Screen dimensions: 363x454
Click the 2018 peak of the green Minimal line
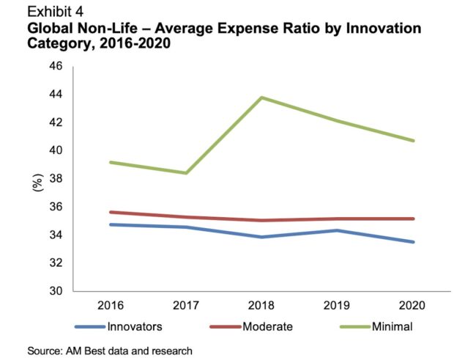pyautogui.click(x=261, y=98)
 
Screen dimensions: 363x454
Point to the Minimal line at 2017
pyautogui.click(x=186, y=173)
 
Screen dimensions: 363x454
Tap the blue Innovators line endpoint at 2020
pyautogui.click(x=413, y=242)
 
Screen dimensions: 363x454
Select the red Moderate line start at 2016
pyautogui.click(x=111, y=212)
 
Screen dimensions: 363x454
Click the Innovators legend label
pyautogui.click(x=135, y=326)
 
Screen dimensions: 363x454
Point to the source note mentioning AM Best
pyautogui.click(x=110, y=351)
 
